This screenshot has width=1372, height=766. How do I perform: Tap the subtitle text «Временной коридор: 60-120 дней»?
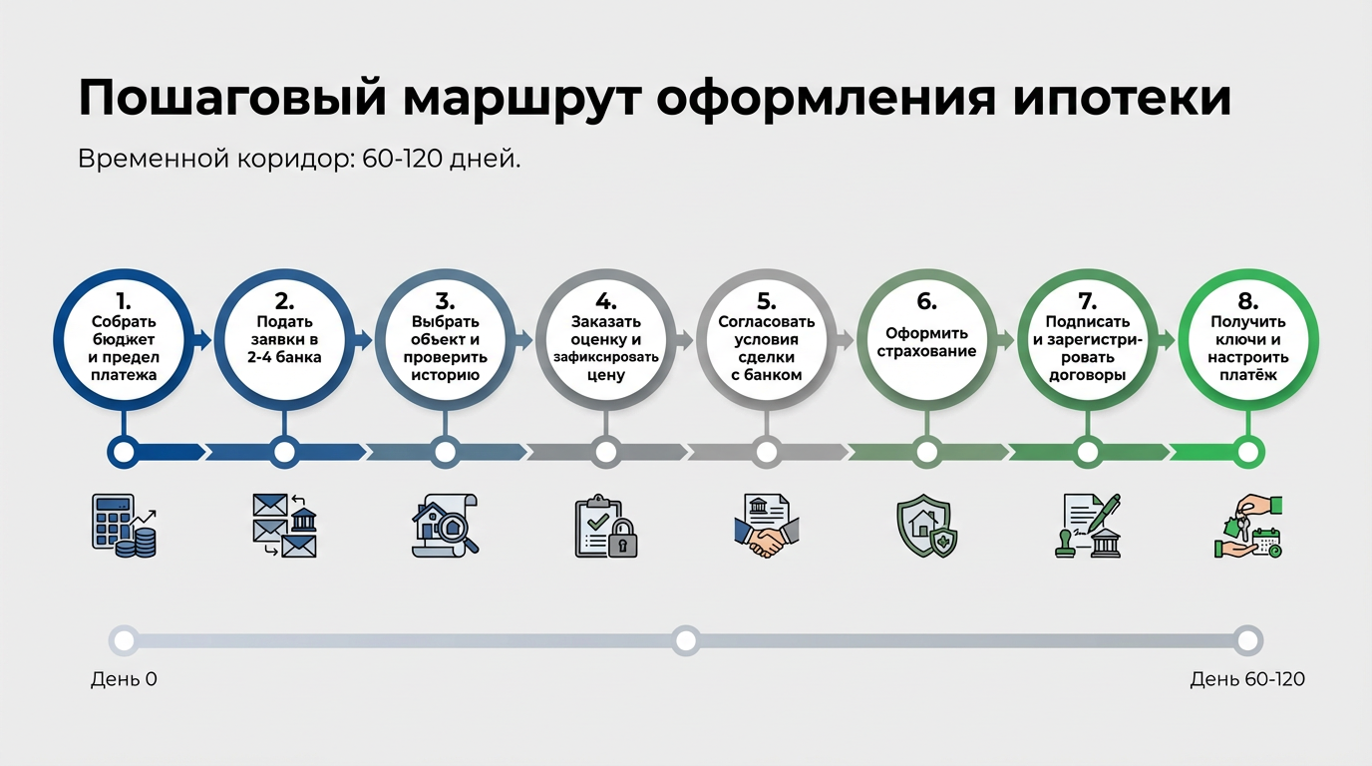[299, 160]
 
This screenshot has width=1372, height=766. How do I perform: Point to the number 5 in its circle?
[766, 301]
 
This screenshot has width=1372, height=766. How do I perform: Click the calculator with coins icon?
[124, 525]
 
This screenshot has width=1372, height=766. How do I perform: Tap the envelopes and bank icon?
[284, 525]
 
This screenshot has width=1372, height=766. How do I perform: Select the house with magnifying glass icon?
[446, 525]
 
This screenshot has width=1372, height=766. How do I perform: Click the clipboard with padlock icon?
[605, 525]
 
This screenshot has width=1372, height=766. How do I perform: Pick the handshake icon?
[766, 525]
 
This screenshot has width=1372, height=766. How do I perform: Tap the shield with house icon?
[927, 525]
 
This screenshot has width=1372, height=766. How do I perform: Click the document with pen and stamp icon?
[1087, 525]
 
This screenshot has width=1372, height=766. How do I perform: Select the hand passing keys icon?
[1247, 525]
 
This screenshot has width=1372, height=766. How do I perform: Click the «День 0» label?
[124, 680]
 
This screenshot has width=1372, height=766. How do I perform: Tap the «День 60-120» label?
[1247, 680]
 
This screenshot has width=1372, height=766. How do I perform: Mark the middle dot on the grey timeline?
[685, 640]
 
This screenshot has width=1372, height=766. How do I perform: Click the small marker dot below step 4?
[605, 453]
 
